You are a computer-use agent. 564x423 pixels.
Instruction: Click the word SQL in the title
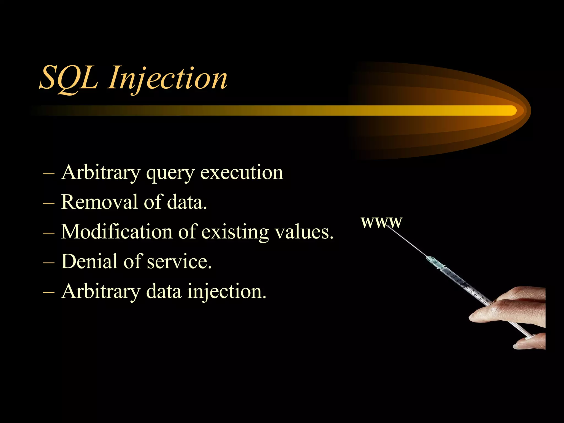69,78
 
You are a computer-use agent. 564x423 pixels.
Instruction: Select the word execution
242,173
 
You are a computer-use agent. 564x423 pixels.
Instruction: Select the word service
179,262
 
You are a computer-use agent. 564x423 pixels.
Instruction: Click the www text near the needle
381,222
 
